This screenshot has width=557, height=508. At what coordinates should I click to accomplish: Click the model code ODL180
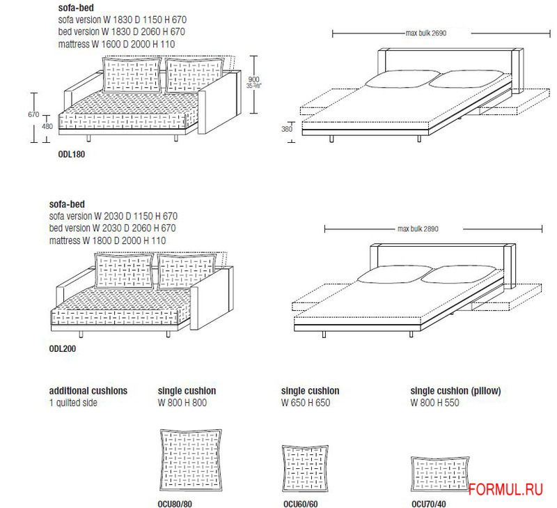tap(72, 154)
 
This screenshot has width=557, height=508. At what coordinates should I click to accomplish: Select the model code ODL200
tap(63, 348)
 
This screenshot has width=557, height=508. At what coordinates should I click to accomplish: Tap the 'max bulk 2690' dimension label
tap(426, 33)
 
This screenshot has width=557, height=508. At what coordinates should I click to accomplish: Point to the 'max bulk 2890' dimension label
tap(418, 229)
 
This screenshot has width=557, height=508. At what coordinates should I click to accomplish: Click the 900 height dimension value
tap(253, 79)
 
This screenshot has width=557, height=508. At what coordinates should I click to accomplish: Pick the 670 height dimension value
tap(33, 114)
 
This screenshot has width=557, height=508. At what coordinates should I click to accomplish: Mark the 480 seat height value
tap(47, 126)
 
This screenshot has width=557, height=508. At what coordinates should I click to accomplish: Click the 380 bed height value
tap(287, 129)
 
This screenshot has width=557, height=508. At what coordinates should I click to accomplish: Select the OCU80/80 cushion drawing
tap(191, 461)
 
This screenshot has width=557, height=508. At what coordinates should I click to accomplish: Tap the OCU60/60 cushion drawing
tap(305, 468)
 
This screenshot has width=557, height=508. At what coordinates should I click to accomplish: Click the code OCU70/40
tap(429, 504)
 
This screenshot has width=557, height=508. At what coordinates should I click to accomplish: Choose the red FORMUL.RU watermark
tap(505, 489)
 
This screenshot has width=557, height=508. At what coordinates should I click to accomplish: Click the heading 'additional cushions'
tap(88, 391)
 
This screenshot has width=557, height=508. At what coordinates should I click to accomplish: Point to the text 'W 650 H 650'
tap(306, 403)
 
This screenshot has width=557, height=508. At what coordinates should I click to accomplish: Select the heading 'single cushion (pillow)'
tap(456, 391)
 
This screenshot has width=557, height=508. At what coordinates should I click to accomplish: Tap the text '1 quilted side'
tap(73, 403)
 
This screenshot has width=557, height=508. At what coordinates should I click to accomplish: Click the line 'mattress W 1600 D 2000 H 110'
tap(116, 45)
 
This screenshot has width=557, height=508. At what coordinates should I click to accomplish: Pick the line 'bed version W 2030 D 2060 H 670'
tap(112, 229)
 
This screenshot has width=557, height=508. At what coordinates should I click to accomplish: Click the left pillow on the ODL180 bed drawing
tap(402, 79)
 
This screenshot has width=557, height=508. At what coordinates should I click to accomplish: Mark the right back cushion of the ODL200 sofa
tap(187, 270)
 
